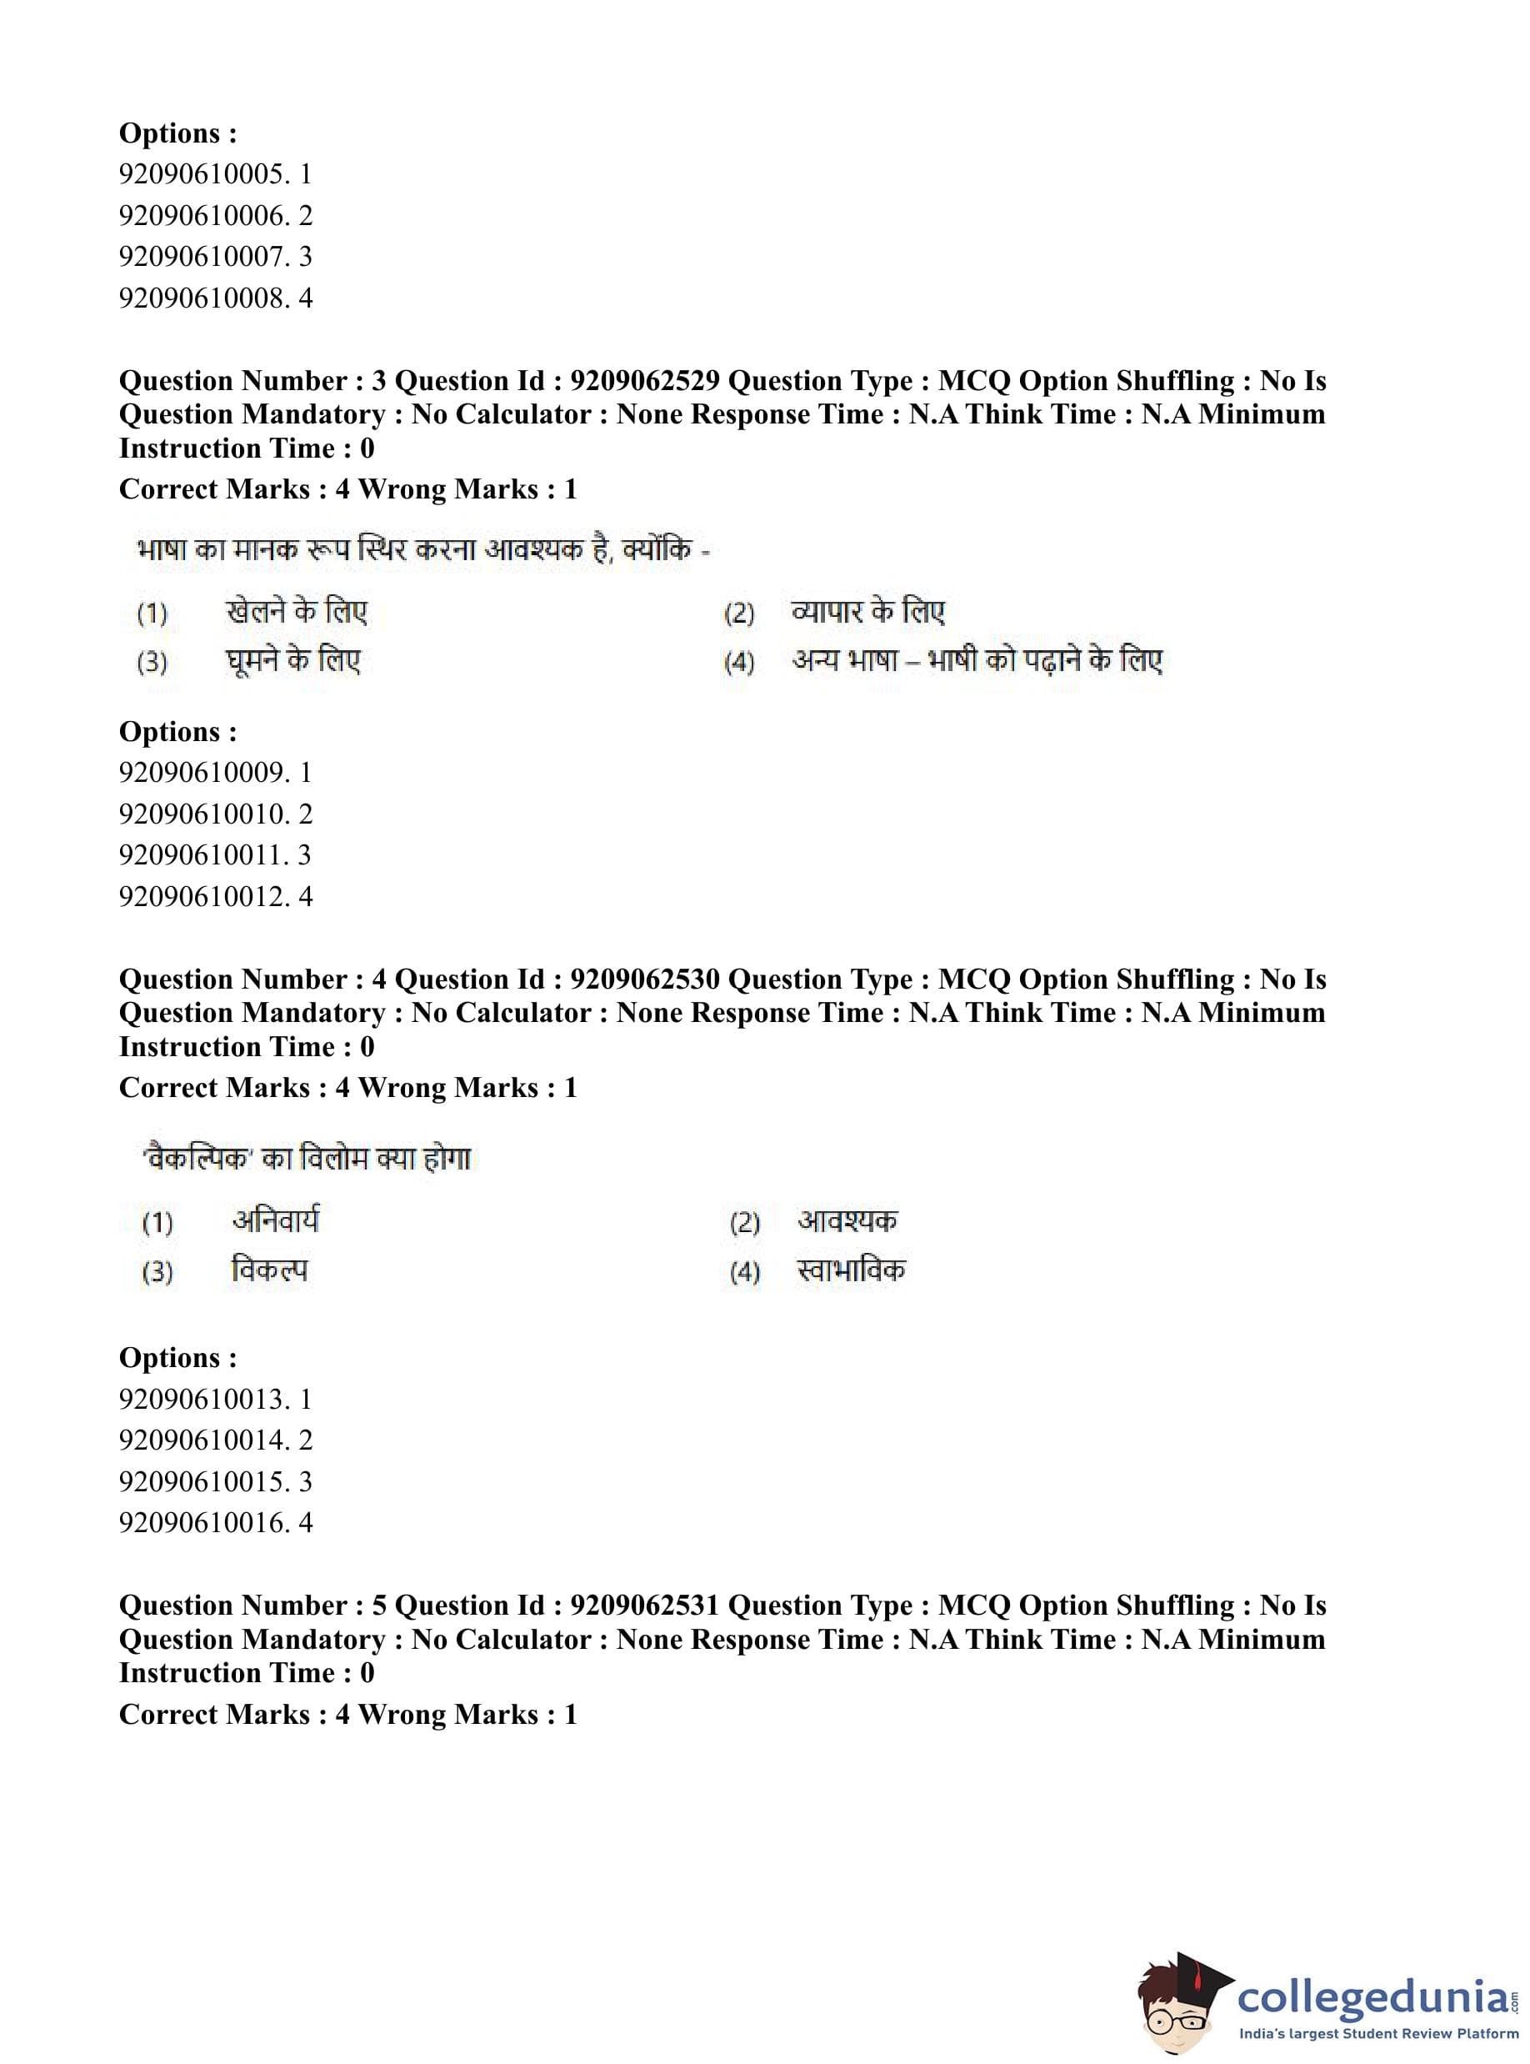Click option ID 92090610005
pos(215,174)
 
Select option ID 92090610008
pos(215,298)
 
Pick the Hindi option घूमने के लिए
pos(292,660)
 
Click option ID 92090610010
pos(215,814)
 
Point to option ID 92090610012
pos(215,896)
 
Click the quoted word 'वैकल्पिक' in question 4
pos(197,1159)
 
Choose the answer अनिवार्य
pos(276,1221)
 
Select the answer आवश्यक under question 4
pos(847,1221)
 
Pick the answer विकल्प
pos(269,1270)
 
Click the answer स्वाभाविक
pos(850,1270)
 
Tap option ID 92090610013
pos(215,1399)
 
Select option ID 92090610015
pos(215,1481)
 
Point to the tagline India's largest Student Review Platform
pos(1378,2033)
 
